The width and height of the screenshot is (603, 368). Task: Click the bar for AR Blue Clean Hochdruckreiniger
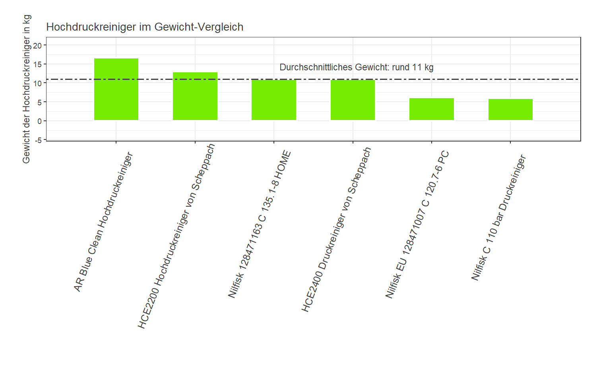click(116, 89)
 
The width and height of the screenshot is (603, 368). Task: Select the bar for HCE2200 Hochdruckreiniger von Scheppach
click(195, 96)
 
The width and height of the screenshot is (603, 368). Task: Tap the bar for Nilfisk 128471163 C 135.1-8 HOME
click(273, 100)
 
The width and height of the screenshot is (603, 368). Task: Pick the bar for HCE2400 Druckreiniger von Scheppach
click(353, 100)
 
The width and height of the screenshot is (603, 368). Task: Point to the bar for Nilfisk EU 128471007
click(431, 109)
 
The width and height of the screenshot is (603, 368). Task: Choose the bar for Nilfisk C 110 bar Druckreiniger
click(510, 110)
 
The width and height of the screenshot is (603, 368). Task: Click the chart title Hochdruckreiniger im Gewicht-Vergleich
click(145, 27)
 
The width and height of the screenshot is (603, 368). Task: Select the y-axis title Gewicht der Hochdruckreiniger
click(26, 89)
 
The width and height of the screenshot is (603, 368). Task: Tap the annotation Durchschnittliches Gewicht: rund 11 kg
click(356, 67)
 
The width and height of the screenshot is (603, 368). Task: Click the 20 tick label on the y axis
click(37, 45)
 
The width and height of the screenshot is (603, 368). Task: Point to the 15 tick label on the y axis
click(37, 64)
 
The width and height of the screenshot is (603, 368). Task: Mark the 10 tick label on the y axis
click(37, 83)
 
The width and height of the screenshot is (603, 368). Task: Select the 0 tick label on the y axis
click(39, 121)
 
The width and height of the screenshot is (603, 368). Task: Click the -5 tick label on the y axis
click(38, 140)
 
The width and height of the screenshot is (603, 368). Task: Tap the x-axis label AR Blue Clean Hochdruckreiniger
click(103, 222)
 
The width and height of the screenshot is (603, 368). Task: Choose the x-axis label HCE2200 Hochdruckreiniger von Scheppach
click(176, 236)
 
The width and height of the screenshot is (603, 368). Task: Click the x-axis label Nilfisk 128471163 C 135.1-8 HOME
click(259, 225)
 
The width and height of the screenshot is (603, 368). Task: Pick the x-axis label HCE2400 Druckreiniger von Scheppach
click(336, 230)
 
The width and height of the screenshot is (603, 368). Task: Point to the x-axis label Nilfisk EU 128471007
click(417, 225)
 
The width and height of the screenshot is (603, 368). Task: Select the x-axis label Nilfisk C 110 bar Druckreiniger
click(498, 217)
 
